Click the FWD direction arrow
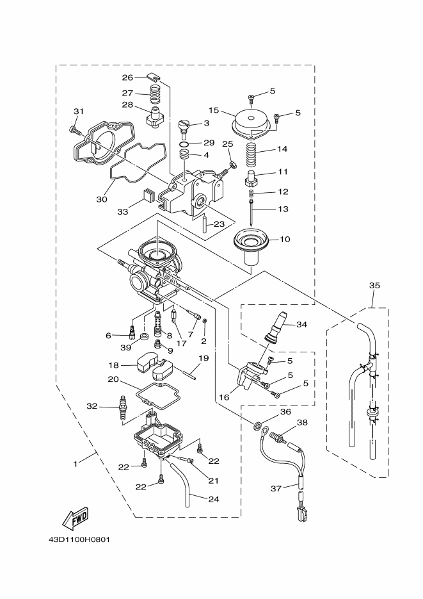pos(75,519)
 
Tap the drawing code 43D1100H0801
pos(79,540)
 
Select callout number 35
pos(374,285)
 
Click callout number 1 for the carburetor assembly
pos(76,464)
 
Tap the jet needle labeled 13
pos(251,211)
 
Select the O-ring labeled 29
pos(184,144)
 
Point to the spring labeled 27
pos(154,94)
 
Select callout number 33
pos(122,211)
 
